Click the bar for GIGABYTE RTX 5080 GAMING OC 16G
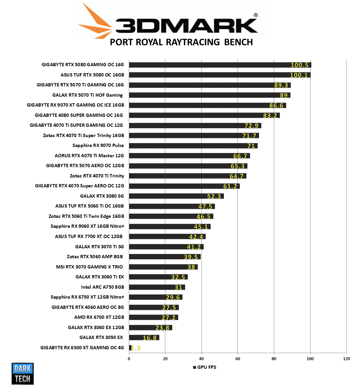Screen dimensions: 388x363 (220, 65)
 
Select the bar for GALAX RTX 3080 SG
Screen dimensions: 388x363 (176, 196)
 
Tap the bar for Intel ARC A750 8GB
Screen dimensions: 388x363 (157, 287)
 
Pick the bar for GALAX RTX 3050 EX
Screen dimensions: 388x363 (144, 338)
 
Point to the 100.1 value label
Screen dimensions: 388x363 (299, 75)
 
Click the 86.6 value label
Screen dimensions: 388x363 (276, 106)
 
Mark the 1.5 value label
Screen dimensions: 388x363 (136, 348)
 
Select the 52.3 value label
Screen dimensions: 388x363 (214, 196)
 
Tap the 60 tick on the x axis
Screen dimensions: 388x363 (238, 359)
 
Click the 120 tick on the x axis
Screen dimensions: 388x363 (346, 359)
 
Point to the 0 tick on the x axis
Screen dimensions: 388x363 (129, 359)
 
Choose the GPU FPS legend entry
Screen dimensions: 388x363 (205, 367)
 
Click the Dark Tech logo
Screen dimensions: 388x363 (23, 374)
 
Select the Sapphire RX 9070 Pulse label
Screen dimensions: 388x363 (98, 145)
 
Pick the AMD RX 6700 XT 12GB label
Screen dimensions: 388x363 (99, 317)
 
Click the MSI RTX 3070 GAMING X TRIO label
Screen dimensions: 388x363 (89, 267)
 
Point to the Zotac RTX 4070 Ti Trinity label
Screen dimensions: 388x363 (97, 176)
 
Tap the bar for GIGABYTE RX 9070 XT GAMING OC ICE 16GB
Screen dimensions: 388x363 (207, 105)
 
